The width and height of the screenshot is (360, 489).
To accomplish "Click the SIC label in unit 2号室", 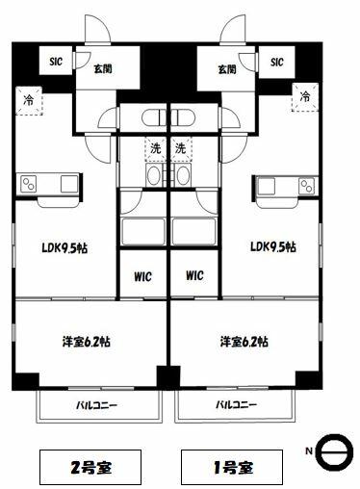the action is [56, 62].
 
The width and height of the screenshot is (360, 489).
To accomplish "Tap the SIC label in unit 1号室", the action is [277, 62].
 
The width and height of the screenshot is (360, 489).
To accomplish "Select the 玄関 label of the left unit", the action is [103, 68].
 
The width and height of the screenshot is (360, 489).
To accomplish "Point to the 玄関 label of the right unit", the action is [227, 69].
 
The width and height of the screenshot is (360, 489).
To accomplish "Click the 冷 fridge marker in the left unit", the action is [29, 100].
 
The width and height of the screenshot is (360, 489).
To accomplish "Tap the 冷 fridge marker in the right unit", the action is [305, 96].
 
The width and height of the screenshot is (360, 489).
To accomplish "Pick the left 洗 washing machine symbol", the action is [156, 148].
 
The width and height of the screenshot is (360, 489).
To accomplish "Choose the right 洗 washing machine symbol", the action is [181, 148].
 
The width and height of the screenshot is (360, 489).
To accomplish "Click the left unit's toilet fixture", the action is [155, 117].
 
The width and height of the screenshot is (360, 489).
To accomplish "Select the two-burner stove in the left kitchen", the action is [28, 184].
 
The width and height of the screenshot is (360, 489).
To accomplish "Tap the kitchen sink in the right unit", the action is [267, 186].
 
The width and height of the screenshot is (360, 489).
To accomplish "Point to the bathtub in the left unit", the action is [143, 231].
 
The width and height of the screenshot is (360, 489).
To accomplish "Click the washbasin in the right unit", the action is [183, 175].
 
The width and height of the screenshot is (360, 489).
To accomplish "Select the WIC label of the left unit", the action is [142, 276].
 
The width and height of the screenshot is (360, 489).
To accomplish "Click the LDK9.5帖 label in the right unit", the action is [273, 247].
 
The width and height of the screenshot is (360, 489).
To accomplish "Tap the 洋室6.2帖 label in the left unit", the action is [87, 342].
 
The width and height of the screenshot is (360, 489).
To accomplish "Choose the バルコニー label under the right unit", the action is [236, 405].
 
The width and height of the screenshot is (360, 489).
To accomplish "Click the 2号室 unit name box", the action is [90, 467].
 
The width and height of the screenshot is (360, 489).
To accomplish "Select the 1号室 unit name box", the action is [232, 467].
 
